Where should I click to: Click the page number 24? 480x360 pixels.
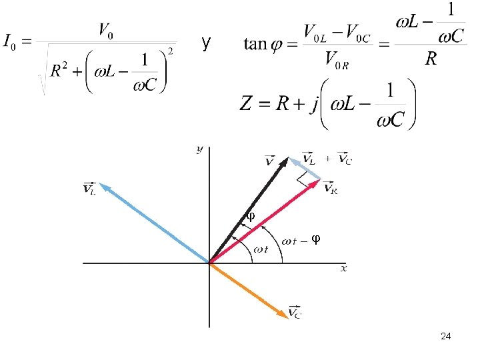pyautogui.click(x=447, y=337)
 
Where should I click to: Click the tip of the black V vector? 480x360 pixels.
pyautogui.click(x=287, y=158)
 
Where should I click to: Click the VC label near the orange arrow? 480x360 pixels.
pyautogui.click(x=294, y=312)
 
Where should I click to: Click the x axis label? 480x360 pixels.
pyautogui.click(x=344, y=268)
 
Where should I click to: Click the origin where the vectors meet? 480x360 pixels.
pyautogui.click(x=209, y=263)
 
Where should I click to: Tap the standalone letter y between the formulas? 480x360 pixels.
pyautogui.click(x=207, y=44)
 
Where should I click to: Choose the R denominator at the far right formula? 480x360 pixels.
pyautogui.click(x=431, y=60)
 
